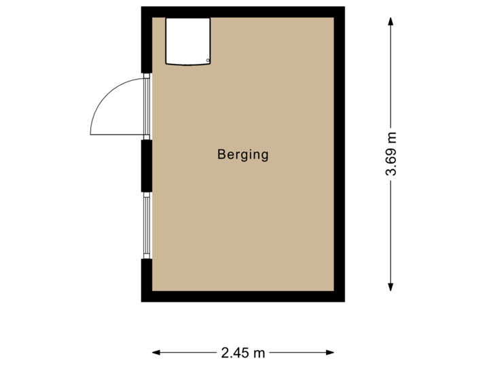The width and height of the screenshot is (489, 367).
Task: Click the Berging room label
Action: [243, 155]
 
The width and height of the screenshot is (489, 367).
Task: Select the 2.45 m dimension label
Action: [243, 352]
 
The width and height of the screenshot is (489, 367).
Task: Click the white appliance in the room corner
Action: [188, 41]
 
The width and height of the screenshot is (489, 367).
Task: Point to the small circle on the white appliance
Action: [206, 60]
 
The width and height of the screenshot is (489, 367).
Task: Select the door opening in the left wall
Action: [146, 105]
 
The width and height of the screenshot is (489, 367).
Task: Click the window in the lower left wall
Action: [146, 224]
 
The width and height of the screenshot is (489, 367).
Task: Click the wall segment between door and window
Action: [146, 165]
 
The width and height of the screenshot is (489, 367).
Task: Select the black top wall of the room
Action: [243, 12]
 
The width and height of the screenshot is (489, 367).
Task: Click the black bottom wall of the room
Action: [243, 296]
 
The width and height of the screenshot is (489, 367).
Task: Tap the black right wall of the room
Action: [341, 154]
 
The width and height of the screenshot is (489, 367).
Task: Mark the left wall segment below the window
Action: [146, 279]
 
